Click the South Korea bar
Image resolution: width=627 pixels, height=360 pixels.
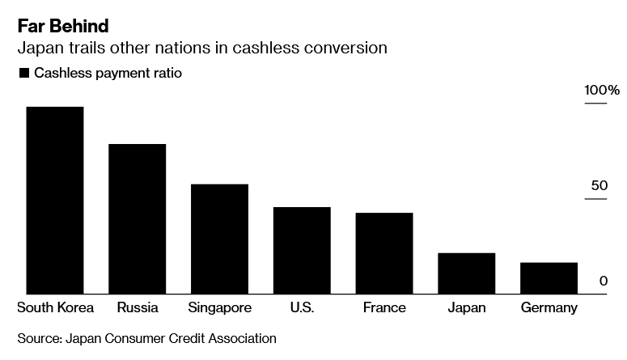(x=55, y=200)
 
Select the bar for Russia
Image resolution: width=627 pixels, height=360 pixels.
(x=138, y=218)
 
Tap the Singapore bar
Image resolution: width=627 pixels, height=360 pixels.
(x=219, y=239)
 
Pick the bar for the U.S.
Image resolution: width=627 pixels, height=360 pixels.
(x=302, y=250)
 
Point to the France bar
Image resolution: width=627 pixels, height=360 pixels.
(x=384, y=253)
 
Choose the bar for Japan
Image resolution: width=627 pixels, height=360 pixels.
(x=467, y=273)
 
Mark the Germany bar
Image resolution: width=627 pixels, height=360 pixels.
(x=549, y=278)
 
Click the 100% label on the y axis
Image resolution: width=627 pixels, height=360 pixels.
(x=602, y=90)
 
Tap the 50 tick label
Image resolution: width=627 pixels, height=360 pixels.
(x=599, y=186)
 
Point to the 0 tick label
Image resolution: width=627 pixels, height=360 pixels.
(x=604, y=282)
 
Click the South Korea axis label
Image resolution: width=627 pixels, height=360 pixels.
(x=55, y=308)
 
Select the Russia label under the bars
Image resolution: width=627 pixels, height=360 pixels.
(x=138, y=308)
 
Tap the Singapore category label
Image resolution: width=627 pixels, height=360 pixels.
(x=219, y=308)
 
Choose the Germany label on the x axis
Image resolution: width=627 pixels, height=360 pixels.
(x=549, y=308)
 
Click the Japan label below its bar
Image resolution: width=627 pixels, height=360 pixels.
(x=467, y=308)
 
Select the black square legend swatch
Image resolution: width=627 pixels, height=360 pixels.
(x=23, y=74)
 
